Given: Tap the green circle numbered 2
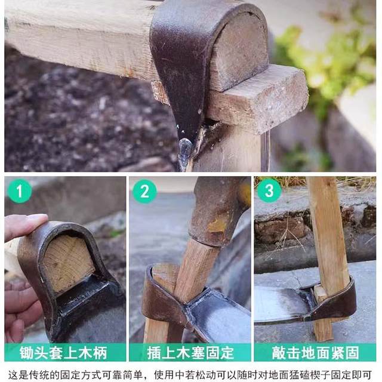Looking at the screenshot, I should [144, 192].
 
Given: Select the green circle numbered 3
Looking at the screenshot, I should [269, 192].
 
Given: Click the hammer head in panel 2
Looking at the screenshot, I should [218, 209].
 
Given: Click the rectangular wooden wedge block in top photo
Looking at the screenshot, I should [263, 98].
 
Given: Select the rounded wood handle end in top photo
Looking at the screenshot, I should [239, 51].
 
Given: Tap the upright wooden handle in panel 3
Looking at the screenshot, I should [328, 239].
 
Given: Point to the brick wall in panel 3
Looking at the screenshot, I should [281, 227].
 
